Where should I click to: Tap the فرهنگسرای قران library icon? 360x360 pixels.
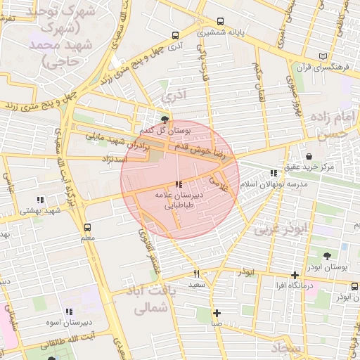pyautogui.click(x=323, y=56)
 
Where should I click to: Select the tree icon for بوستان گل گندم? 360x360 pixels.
pyautogui.click(x=165, y=120)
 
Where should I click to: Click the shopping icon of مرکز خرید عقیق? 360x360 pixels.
pyautogui.click(x=309, y=155)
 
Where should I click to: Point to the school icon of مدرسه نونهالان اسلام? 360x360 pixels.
pyautogui.click(x=274, y=173)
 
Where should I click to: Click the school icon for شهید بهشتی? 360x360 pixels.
pyautogui.click(x=40, y=200)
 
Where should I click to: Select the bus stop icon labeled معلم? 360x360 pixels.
pyautogui.click(x=87, y=227)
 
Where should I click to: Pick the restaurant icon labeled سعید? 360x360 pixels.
pyautogui.click(x=197, y=274)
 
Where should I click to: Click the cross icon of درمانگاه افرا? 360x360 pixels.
pyautogui.click(x=295, y=275)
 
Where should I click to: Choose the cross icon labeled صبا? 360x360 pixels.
pyautogui.click(x=217, y=313)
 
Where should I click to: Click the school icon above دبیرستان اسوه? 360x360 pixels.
pyautogui.click(x=69, y=311)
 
